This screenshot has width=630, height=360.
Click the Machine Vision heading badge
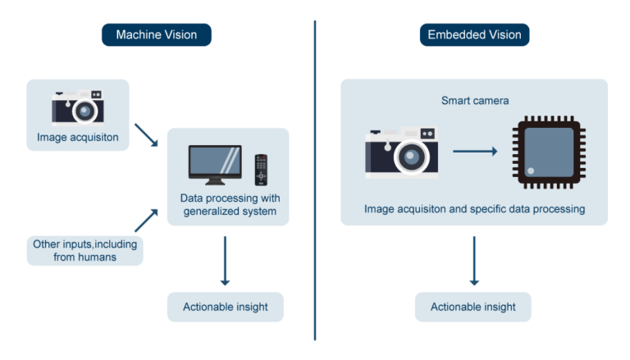[x=156, y=35]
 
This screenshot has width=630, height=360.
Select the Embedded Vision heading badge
[x=473, y=35]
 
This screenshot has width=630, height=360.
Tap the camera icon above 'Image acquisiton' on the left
[x=78, y=106]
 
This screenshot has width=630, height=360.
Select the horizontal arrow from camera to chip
[x=475, y=152]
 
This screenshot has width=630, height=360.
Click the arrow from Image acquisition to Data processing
[x=148, y=135]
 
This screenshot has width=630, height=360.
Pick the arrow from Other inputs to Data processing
[x=148, y=220]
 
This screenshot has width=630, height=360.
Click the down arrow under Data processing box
[x=225, y=261]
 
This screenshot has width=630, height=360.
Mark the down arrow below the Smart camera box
[x=473, y=261]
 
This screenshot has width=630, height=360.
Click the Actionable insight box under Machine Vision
[x=225, y=307]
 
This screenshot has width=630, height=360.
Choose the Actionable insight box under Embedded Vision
[x=473, y=307]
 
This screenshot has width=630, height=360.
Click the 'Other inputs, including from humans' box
[x=84, y=250]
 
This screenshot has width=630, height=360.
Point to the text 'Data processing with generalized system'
[x=230, y=205]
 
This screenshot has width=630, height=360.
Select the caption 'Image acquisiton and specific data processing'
[x=474, y=209]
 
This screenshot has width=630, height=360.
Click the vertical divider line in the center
[x=315, y=180]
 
